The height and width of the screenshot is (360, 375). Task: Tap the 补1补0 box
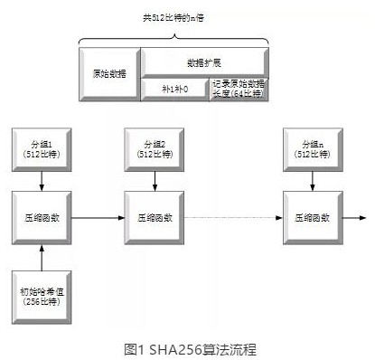tap(173, 89)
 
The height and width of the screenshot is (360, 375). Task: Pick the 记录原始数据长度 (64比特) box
tap(239, 89)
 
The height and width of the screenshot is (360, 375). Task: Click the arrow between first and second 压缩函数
tap(95, 217)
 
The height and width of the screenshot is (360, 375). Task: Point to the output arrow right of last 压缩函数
tap(354, 217)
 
